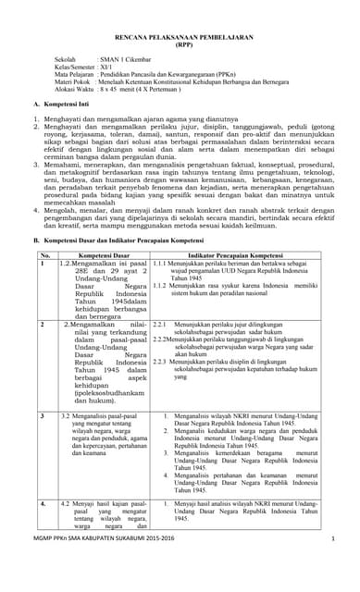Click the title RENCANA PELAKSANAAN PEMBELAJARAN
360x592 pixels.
180,57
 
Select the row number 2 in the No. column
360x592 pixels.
42,326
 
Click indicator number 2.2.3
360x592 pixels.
159,361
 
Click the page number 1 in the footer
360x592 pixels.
332,563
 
